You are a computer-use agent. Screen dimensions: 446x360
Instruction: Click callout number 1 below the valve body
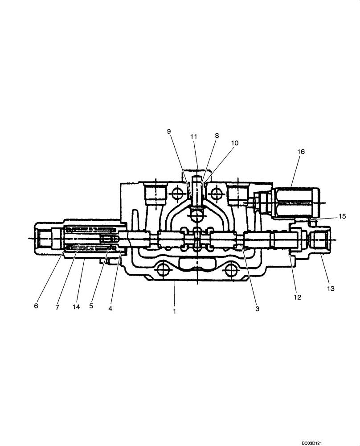(x=175, y=312)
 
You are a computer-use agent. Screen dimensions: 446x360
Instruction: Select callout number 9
(x=169, y=131)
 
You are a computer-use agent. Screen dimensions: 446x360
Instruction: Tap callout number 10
(x=235, y=143)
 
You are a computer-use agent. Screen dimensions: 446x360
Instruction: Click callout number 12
(x=297, y=297)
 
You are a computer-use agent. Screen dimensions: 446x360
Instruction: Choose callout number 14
(x=76, y=307)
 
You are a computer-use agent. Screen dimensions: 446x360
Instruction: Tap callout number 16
(x=302, y=152)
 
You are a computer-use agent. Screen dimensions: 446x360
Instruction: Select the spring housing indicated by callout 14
(x=89, y=240)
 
